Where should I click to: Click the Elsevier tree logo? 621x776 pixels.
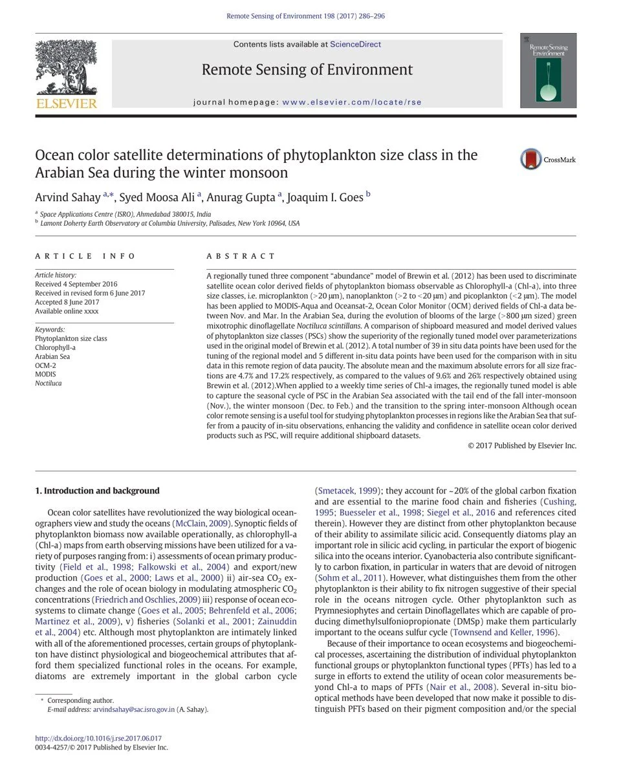coord(66,69)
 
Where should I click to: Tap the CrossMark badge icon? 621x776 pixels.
coord(531,159)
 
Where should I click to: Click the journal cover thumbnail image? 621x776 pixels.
coord(548,70)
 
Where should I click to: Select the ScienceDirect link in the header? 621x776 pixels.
coord(355,45)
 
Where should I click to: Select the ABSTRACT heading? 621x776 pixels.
coord(241,256)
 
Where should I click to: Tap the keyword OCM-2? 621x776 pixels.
coord(45,365)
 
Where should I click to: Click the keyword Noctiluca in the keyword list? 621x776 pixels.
coord(48,383)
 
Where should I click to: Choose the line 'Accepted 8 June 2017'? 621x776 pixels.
coord(67,302)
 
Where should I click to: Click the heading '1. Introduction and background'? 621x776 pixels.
coord(97,491)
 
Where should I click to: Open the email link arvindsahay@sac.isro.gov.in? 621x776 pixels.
coord(134,709)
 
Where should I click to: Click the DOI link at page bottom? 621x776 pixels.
coord(98,738)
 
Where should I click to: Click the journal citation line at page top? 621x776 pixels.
coord(305,16)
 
